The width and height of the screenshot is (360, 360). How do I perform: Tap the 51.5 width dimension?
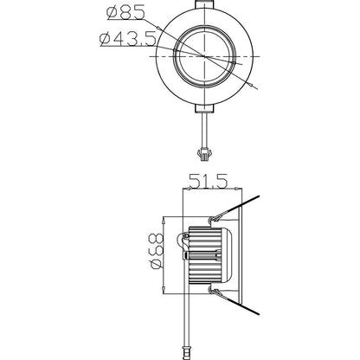click(208, 183)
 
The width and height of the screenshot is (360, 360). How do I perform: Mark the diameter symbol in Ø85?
click(110, 14)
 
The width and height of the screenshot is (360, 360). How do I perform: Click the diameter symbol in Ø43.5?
click(104, 37)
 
